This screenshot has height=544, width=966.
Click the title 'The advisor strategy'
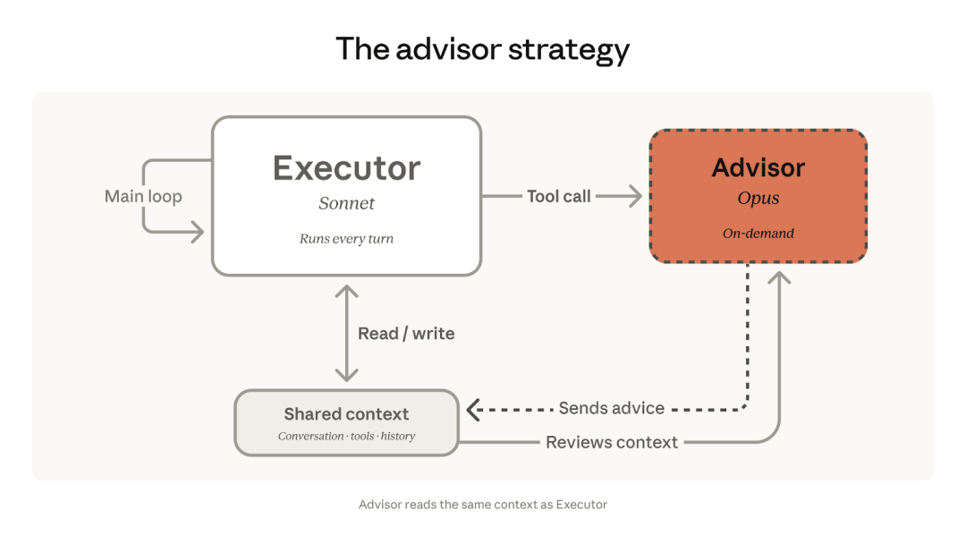[482, 49]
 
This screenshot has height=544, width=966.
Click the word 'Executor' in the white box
[346, 168]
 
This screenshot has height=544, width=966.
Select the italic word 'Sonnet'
[346, 204]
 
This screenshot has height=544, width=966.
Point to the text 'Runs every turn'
[346, 239]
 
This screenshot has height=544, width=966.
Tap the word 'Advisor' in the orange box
[758, 167]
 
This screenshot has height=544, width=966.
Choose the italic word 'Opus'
[758, 199]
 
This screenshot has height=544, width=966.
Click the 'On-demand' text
[758, 234]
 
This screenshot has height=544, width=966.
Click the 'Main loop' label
[143, 196]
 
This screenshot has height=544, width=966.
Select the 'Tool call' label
[558, 196]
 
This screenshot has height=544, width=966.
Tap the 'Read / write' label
[406, 334]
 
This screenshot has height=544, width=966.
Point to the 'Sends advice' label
[611, 408]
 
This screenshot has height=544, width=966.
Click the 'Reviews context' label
[612, 442]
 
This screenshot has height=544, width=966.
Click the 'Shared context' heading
[346, 414]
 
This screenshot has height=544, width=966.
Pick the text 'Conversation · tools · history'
[346, 437]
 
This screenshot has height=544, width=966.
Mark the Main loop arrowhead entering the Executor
[197, 233]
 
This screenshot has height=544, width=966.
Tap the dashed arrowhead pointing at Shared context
[473, 409]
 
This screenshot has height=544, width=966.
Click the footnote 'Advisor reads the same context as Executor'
[482, 505]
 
